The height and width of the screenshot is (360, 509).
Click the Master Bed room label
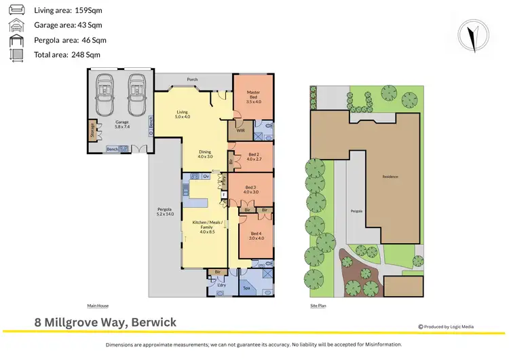click(254, 96)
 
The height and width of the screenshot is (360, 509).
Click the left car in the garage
click(105, 95)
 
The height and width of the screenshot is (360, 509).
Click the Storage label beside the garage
click(92, 130)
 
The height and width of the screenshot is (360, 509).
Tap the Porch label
click(193, 79)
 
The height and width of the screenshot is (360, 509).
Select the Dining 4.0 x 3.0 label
click(205, 154)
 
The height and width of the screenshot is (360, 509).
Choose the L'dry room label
click(221, 285)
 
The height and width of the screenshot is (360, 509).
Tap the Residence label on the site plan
click(390, 177)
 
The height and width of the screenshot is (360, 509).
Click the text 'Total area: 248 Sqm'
click(67, 54)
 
